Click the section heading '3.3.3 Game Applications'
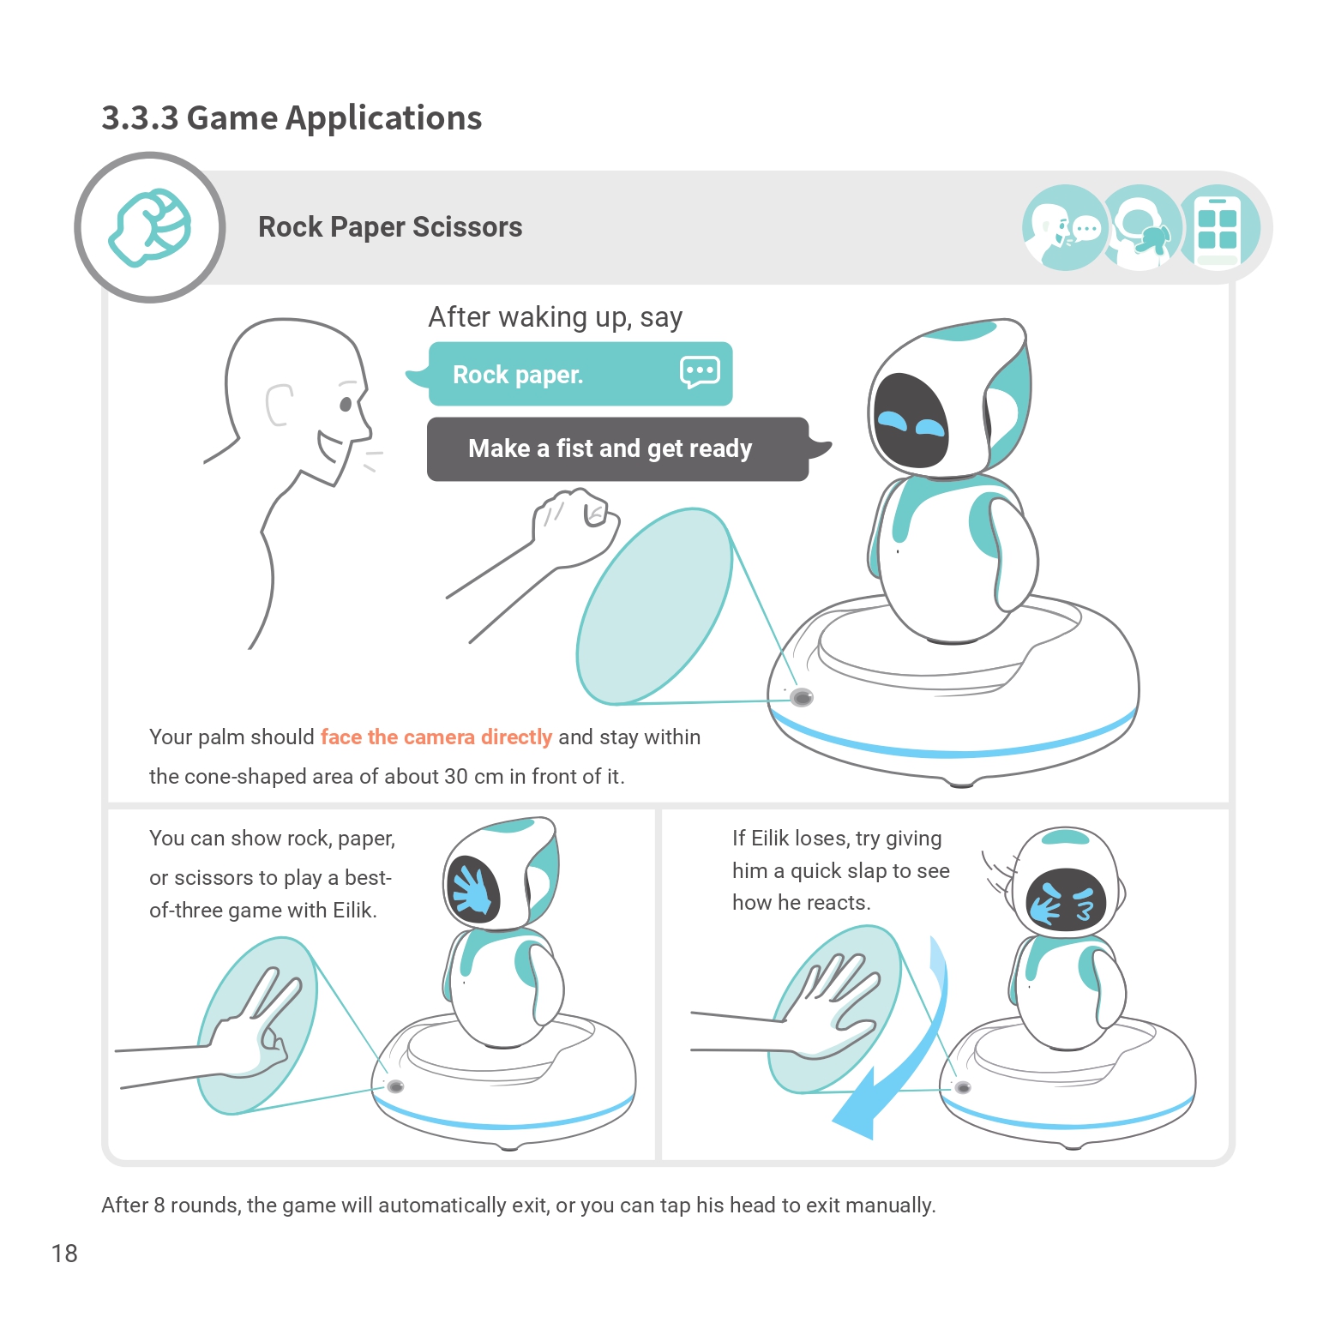coord(292,118)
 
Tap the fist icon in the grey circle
coord(150,227)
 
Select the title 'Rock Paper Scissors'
coord(390,227)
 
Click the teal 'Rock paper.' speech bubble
coord(580,375)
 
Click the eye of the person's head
coord(346,404)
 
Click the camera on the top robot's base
coord(802,697)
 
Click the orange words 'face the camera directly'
coord(436,737)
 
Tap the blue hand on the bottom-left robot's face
coord(472,891)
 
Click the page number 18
coord(64,1254)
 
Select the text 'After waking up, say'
coord(555,317)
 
